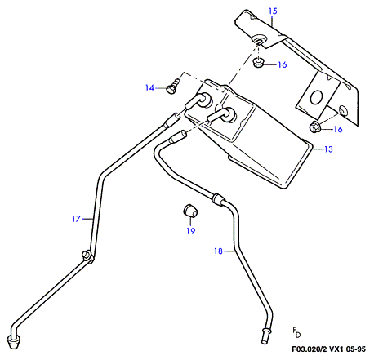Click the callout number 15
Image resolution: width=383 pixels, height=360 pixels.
[273, 11]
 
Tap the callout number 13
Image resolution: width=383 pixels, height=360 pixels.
[328, 149]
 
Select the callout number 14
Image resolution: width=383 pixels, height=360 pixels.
[149, 87]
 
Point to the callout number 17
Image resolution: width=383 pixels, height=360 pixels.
[77, 219]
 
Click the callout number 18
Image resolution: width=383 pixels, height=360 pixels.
[218, 251]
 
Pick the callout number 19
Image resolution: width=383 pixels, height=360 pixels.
[191, 231]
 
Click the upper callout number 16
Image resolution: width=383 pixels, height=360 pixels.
[283, 64]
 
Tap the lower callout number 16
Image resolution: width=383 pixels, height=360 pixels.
[338, 129]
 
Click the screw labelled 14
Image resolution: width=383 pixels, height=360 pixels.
[173, 85]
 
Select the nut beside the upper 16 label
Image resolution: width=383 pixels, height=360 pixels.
[257, 63]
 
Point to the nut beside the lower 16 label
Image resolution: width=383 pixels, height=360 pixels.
[314, 127]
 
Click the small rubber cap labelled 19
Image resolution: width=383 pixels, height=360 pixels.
[189, 210]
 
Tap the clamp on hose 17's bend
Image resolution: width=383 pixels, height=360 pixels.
[87, 256]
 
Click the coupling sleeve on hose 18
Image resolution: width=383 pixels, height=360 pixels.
[218, 199]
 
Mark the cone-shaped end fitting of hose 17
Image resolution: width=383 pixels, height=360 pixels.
[15, 342]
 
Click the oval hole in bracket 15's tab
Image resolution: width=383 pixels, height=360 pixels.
[316, 97]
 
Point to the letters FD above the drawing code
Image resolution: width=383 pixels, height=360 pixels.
[296, 332]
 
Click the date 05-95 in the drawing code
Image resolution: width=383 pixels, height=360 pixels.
[356, 349]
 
